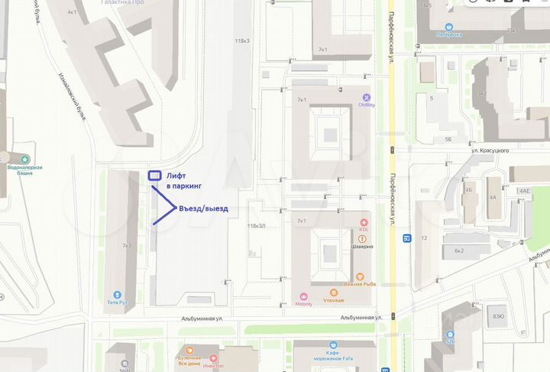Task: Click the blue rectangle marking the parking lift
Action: [154, 176]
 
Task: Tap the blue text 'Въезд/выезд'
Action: [203, 208]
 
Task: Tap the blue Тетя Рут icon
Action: [117, 294]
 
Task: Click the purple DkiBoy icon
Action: [366, 97]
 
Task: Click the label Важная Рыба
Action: [358, 284]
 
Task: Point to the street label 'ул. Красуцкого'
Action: [490, 152]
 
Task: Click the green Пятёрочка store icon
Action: [450, 26]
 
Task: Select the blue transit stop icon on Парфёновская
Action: [408, 237]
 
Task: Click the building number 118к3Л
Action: [256, 226]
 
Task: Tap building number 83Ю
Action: [498, 316]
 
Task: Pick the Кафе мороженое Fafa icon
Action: [332, 345]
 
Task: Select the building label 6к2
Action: [458, 250]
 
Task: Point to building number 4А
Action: [493, 197]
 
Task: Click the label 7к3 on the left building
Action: [127, 246]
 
